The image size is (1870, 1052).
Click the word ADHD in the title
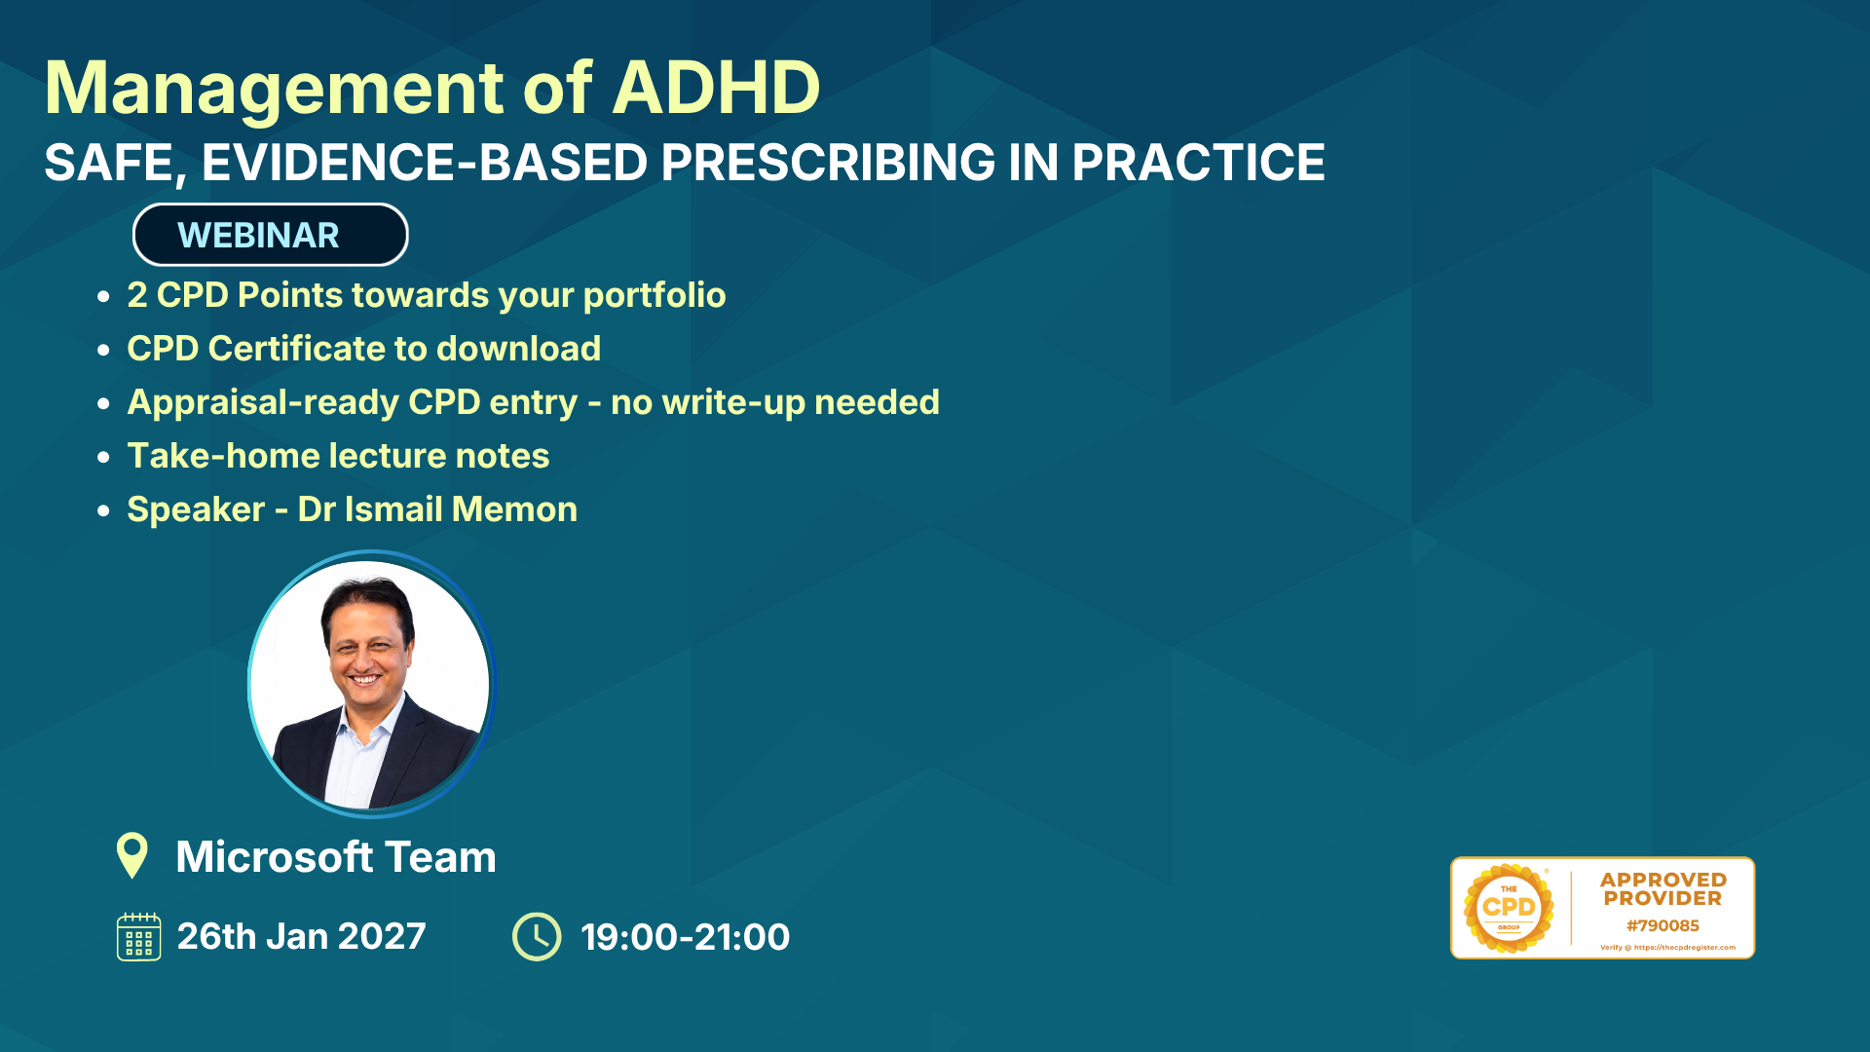[717, 88]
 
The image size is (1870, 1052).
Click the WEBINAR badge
[270, 235]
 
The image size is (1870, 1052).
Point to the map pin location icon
[131, 855]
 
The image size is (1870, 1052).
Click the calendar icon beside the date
[139, 936]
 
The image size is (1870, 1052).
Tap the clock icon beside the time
[537, 936]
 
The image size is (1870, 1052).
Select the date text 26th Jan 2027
[301, 936]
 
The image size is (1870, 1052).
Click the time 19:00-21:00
[685, 937]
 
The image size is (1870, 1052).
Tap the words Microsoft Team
[336, 857]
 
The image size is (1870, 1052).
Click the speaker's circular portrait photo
[371, 684]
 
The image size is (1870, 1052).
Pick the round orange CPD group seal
[1509, 908]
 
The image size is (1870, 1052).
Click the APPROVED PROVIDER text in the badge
[1663, 889]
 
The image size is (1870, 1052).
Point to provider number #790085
[1663, 925]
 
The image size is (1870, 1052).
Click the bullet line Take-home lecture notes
[338, 456]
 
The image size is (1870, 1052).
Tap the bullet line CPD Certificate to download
[364, 349]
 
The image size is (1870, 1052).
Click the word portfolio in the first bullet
[654, 296]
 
